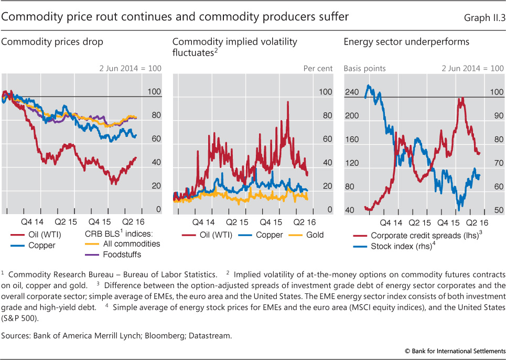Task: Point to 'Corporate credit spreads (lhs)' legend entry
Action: (x=425, y=236)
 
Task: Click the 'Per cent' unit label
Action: (x=318, y=68)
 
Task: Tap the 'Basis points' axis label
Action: (x=364, y=68)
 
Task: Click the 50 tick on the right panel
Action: (x=496, y=210)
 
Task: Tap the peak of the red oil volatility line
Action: (x=288, y=102)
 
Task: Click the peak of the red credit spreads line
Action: (x=461, y=98)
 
